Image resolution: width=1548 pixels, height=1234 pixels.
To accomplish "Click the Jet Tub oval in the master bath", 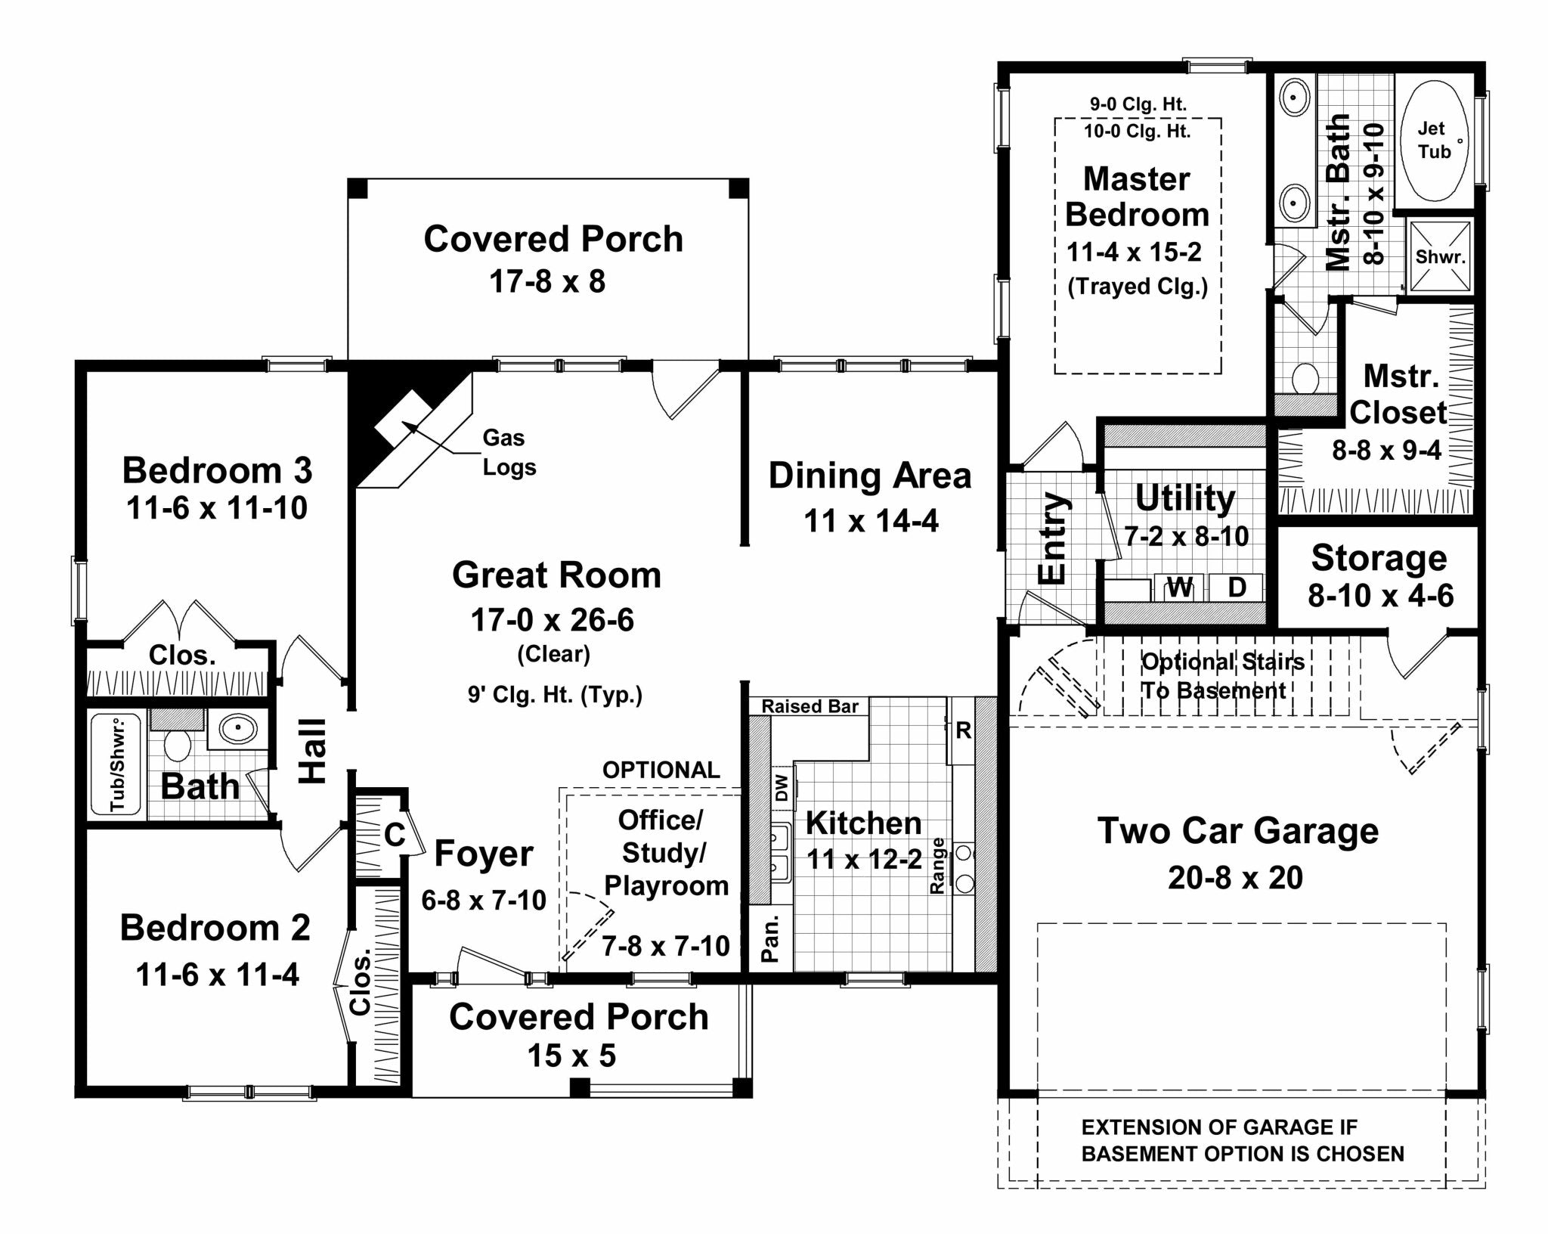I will tap(1434, 141).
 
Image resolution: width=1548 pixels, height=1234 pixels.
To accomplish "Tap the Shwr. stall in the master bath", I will tap(1440, 256).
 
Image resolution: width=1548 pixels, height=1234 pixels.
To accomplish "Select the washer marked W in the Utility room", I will tap(1180, 587).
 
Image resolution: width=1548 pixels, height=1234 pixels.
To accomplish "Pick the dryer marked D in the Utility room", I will tap(1237, 587).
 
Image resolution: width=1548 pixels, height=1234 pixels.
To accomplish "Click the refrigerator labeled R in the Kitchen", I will tap(962, 730).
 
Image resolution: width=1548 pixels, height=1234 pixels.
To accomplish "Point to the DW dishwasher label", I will tap(782, 788).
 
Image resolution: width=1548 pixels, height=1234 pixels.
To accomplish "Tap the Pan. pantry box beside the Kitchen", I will tap(770, 938).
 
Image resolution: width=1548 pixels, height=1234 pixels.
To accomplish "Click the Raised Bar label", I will tap(810, 706).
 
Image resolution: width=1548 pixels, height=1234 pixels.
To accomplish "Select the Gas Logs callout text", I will tap(509, 452).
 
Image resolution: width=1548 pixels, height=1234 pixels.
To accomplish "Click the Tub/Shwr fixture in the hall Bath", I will tap(118, 765).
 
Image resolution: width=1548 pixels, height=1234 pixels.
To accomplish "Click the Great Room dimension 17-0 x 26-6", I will tap(552, 620).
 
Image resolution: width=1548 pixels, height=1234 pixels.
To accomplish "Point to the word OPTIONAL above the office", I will tap(661, 770).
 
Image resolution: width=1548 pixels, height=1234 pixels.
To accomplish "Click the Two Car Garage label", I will tap(1237, 830).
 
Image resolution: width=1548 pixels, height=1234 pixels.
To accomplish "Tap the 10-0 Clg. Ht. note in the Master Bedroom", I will tap(1137, 132).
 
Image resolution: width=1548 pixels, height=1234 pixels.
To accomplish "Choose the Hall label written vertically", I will tap(312, 750).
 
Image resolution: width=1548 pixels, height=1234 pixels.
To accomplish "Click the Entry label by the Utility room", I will tap(1052, 538).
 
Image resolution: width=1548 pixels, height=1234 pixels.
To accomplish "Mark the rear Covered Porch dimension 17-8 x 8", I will tap(547, 281).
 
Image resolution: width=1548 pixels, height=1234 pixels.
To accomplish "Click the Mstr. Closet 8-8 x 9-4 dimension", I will tap(1386, 451).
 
